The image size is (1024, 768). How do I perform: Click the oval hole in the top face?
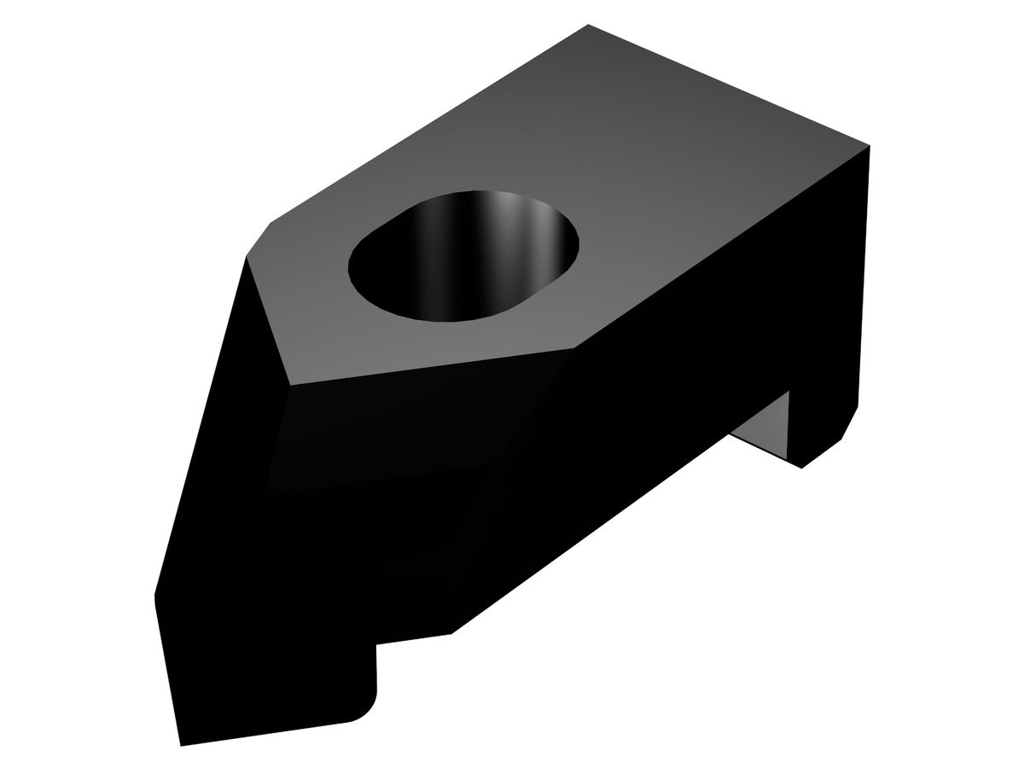point(465,256)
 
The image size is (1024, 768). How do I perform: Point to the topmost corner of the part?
point(589,25)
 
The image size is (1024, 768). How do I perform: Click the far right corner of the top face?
point(870,146)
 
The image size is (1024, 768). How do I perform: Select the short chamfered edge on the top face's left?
point(258,240)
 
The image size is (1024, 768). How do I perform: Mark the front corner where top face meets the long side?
point(574,348)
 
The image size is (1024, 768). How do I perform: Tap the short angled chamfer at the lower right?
point(850,423)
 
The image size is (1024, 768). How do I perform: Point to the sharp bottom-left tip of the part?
point(181,745)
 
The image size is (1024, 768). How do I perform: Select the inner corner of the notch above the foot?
point(376,644)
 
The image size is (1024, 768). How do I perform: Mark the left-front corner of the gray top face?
point(291,386)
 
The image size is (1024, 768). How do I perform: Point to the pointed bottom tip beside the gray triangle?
point(800,468)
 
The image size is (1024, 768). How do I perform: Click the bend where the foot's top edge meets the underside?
point(451,633)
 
